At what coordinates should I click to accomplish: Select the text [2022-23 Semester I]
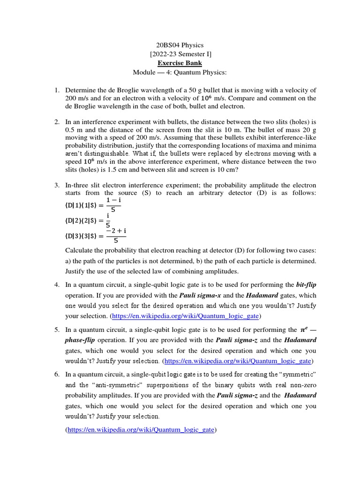[x=180, y=54]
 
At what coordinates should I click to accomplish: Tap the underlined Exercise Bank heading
[x=180, y=63]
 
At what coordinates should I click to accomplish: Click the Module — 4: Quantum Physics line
[x=180, y=72]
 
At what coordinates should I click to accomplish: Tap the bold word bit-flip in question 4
[x=306, y=285]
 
